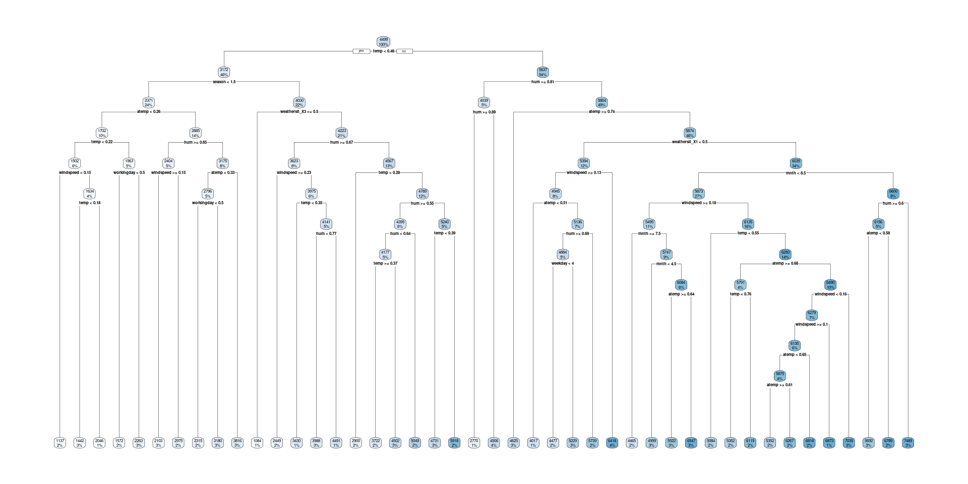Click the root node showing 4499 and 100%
pos(383,42)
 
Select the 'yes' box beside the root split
pos(361,51)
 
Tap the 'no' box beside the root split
pos(404,51)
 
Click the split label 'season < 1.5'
pos(224,82)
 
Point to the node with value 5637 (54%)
pos(542,72)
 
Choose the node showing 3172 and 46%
pos(224,72)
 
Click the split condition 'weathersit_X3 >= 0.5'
pos(299,112)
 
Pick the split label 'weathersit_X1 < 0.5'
pos(690,142)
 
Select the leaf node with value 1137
pos(60,443)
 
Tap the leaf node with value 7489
pos(908,443)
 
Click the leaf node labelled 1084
pos(257,443)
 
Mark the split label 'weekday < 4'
pos(563,263)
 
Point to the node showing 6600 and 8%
pos(893,194)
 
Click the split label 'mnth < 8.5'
pos(796,173)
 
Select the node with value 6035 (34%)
pos(796,163)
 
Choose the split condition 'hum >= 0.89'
pos(484,112)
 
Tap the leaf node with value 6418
pos(612,443)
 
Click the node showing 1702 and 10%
pos(102,133)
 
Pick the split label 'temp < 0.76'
pos(740,294)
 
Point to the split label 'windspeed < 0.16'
pos(830,294)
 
